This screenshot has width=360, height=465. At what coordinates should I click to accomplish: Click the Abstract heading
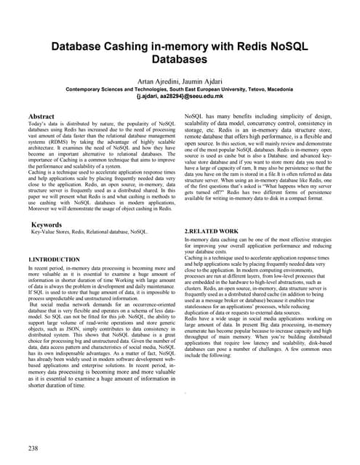[x=43, y=116]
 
